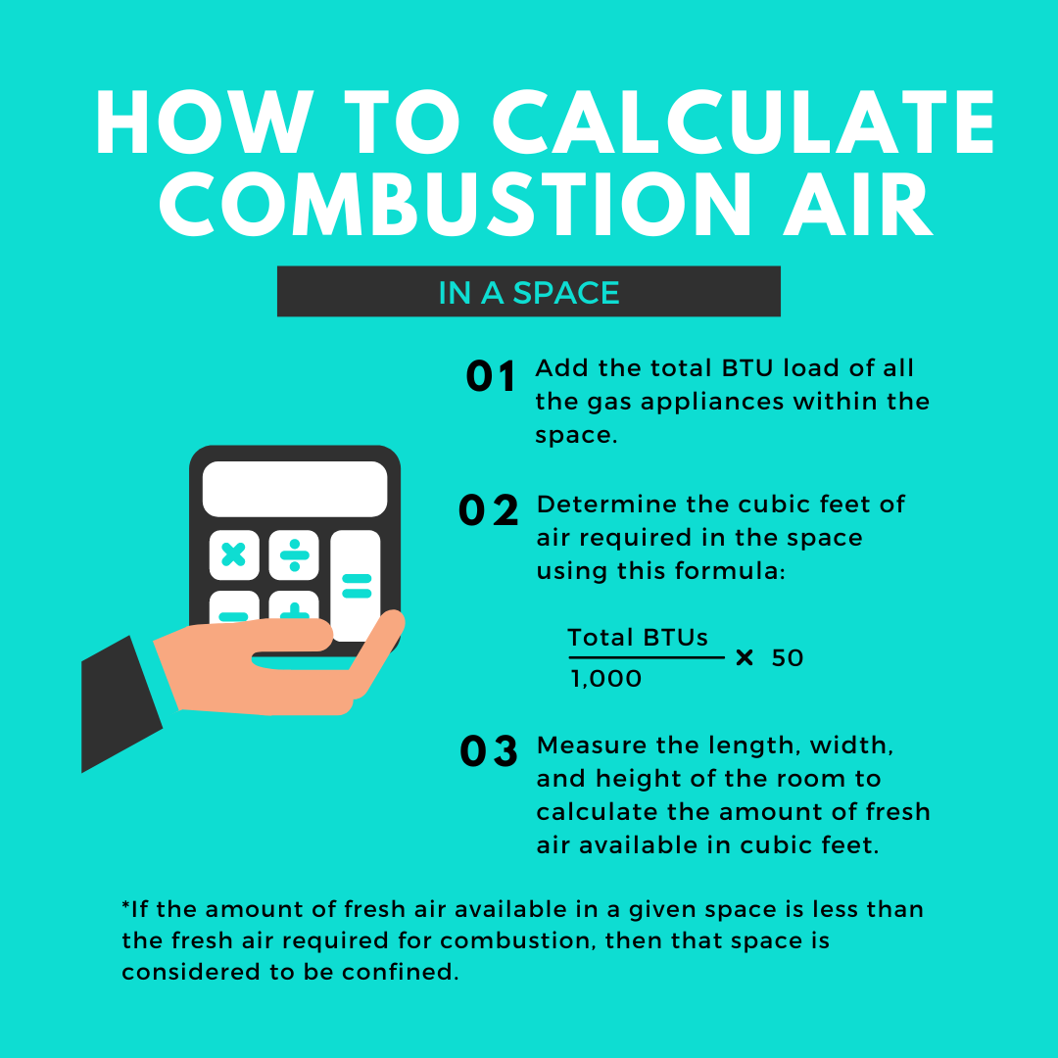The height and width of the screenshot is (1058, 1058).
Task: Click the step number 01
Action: [491, 376]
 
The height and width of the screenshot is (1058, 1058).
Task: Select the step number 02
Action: [489, 510]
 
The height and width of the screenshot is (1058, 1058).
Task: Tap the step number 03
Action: [489, 751]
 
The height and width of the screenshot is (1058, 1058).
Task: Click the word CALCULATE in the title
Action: [744, 122]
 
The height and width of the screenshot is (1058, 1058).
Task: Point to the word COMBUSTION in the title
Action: [456, 204]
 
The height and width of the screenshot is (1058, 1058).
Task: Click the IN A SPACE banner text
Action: [529, 293]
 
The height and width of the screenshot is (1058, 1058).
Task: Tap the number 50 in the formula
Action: [788, 658]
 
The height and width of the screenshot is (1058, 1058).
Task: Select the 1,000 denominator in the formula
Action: [606, 679]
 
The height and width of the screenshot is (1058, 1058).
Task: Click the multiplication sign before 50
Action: [745, 657]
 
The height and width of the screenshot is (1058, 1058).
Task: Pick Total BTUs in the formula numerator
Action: [638, 638]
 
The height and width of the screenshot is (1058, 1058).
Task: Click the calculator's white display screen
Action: [295, 489]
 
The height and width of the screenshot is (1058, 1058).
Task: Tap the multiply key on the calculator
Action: [234, 554]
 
